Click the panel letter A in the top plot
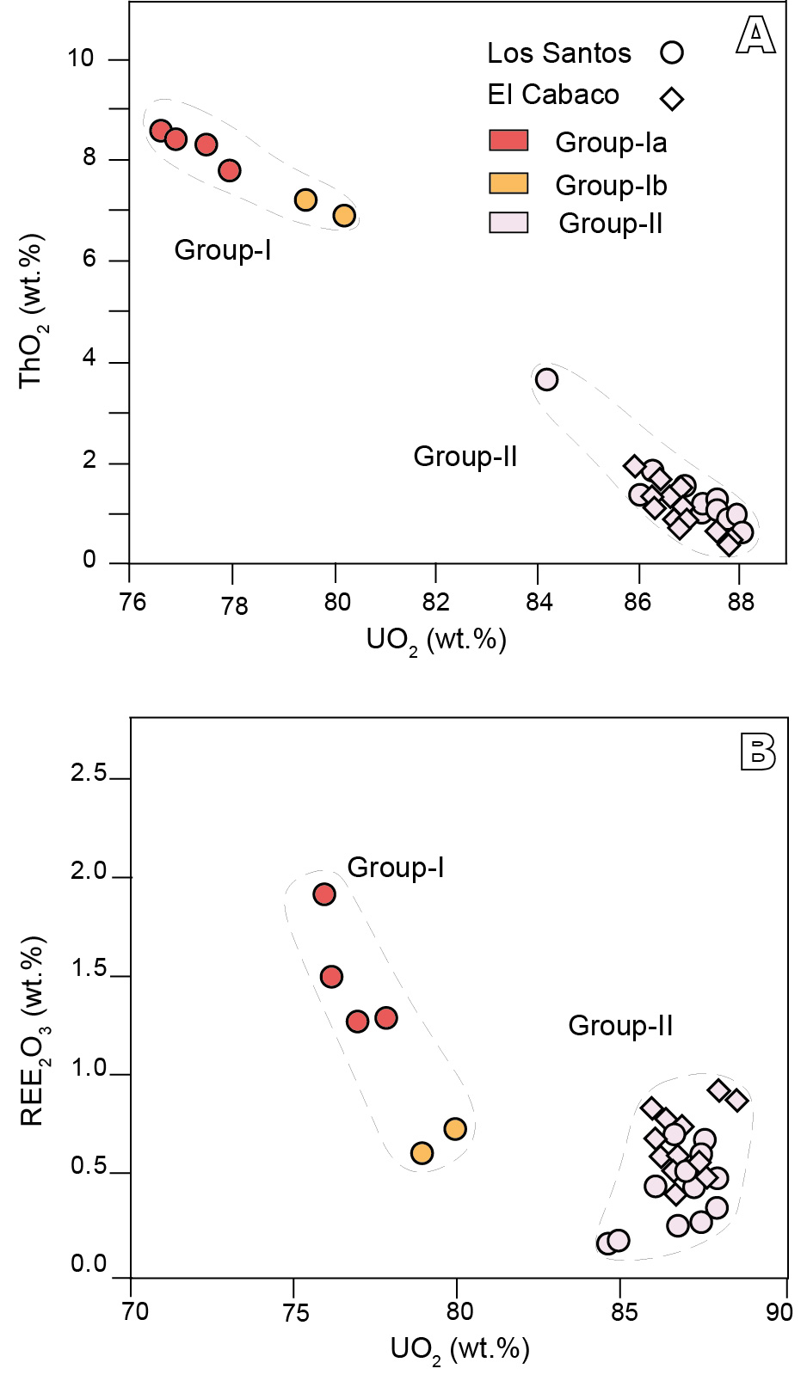coord(755,36)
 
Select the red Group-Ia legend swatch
coord(508,141)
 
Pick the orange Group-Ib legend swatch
coord(508,183)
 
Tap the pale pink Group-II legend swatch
coord(508,223)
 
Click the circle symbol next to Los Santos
coord(672,52)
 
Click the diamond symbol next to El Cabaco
coord(672,99)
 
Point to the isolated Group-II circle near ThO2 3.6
coord(546,379)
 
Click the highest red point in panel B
coord(324,894)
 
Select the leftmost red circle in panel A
coord(160,131)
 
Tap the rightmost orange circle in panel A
coord(344,215)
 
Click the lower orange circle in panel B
coord(422,1153)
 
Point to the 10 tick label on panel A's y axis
coord(81,58)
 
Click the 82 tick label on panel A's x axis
coord(436,601)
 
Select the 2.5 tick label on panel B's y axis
coord(89,773)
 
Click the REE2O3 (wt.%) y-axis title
coord(34,1032)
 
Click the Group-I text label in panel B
coord(396,868)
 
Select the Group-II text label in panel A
coord(465,456)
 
